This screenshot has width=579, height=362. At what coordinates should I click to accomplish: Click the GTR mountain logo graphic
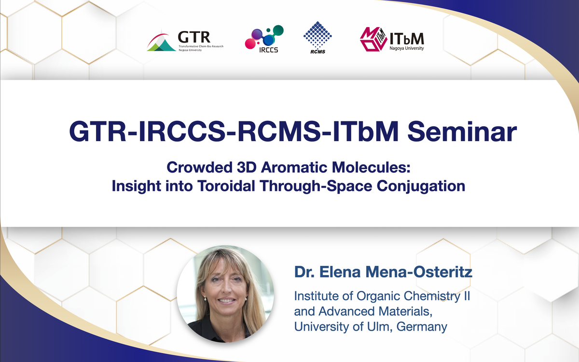162,42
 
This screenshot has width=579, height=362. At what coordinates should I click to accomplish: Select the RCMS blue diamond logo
317,38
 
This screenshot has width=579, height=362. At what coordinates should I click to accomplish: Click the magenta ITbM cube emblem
373,39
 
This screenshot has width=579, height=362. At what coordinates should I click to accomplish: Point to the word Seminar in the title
462,132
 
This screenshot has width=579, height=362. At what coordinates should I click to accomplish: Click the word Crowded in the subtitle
200,167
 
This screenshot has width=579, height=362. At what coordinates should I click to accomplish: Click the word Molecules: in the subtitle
371,167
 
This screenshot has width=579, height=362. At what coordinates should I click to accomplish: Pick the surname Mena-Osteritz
419,272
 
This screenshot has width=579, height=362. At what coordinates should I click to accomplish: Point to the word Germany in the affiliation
422,327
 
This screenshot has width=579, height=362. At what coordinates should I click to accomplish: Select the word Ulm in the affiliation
379,327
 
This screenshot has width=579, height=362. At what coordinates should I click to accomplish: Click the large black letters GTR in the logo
194,37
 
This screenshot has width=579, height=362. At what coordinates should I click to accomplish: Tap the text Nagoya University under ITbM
407,48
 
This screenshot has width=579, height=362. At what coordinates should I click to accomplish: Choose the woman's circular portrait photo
225,294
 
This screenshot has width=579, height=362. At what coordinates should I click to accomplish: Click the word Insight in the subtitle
136,187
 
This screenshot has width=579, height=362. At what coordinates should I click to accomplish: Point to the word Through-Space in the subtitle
316,187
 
